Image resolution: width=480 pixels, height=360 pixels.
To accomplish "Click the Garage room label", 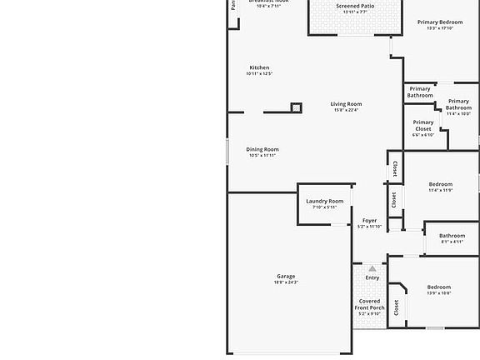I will pos(286,277).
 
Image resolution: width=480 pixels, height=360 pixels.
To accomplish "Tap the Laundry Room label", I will pos(324,201).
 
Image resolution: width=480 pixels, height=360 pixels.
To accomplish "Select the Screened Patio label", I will pos(355,6).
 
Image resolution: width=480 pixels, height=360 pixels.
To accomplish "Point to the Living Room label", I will pos(346,104).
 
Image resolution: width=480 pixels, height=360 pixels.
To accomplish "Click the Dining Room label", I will pos(262,150).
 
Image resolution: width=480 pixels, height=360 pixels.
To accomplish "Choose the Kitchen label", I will pos(259,67).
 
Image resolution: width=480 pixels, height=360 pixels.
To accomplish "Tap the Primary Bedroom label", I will pos(440,22).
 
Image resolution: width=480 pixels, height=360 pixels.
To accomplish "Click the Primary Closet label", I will pos(423,126).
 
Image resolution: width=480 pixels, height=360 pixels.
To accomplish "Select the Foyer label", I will pos(369,221).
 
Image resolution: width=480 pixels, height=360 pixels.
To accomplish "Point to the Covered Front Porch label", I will pos(370,304).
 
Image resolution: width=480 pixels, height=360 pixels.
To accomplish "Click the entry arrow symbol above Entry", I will pos(372,268).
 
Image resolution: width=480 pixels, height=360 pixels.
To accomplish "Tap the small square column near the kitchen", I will pos(296,107).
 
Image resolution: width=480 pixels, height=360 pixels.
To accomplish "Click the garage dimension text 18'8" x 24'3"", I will pos(286,282).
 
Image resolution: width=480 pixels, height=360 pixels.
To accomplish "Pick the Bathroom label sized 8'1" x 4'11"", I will pos(452,236).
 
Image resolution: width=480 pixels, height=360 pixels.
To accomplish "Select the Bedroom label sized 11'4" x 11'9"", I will pos(440,184).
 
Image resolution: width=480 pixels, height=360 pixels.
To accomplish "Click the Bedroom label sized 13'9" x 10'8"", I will pos(439,287).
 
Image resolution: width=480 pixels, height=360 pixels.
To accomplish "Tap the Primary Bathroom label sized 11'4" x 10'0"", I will pos(458,105).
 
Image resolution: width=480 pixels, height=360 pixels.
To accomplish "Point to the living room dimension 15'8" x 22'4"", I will pos(346,110).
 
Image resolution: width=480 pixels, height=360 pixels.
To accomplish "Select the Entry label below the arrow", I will pos(372,277).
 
